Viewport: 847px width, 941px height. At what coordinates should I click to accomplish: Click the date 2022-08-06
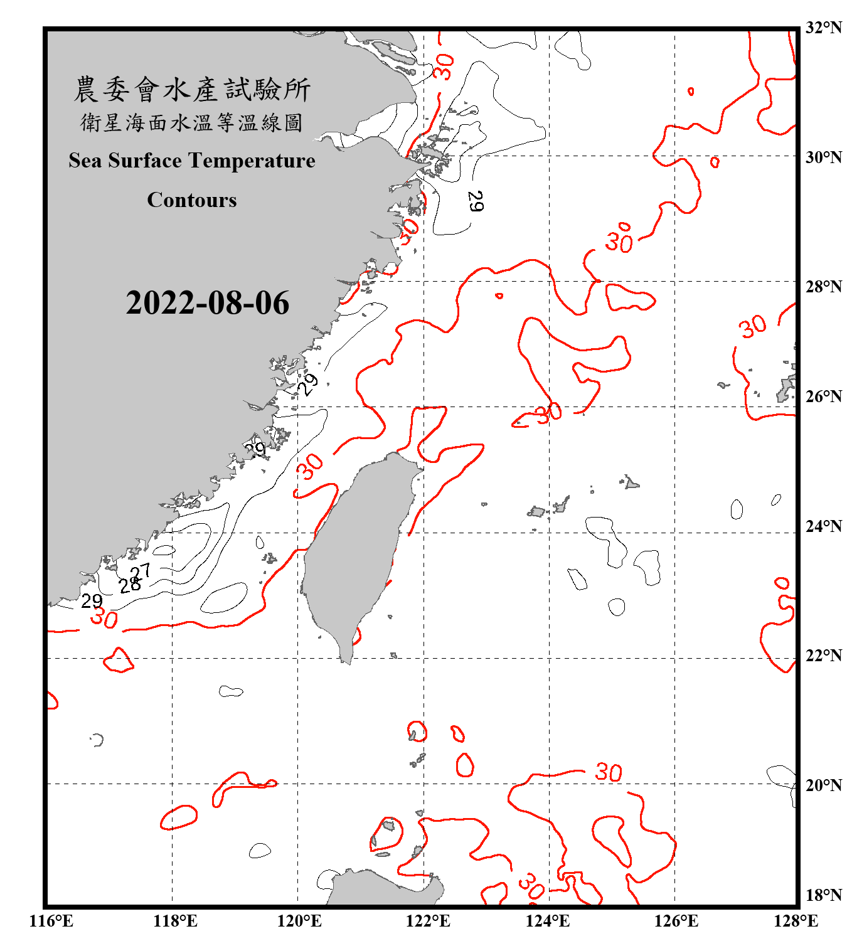click(207, 303)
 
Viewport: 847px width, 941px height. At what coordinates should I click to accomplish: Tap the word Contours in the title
click(192, 200)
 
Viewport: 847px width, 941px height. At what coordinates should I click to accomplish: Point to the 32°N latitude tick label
click(824, 28)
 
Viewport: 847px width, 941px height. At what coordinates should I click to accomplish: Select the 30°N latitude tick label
click(824, 157)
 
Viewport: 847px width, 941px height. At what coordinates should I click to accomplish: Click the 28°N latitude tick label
click(824, 287)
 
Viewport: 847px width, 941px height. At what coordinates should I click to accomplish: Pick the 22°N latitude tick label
click(824, 656)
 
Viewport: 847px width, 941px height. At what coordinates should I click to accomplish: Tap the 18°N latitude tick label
click(824, 895)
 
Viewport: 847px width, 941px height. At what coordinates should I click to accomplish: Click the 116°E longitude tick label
click(51, 922)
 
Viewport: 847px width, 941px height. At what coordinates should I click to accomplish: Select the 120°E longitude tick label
click(299, 922)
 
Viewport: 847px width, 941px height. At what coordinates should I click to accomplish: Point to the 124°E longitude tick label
click(548, 922)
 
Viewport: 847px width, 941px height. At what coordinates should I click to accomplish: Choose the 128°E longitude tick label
click(796, 922)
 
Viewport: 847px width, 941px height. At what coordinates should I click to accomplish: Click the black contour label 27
click(141, 570)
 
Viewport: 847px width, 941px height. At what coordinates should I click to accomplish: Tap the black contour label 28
click(130, 585)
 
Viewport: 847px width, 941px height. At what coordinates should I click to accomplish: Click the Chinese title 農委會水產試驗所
click(192, 90)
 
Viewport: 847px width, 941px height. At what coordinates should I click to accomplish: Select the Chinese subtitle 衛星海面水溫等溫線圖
click(192, 122)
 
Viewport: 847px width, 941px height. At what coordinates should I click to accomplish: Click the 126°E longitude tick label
click(676, 922)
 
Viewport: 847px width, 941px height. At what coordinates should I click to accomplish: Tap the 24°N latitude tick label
click(824, 526)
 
